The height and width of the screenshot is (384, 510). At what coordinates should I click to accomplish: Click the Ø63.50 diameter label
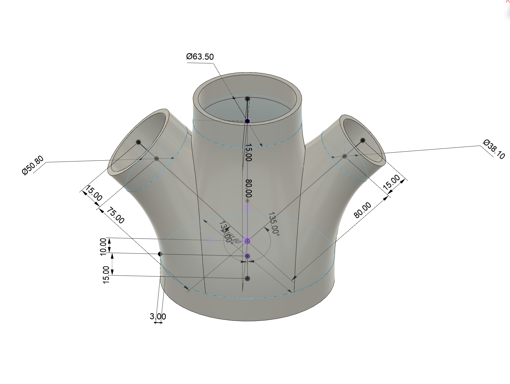[200, 57]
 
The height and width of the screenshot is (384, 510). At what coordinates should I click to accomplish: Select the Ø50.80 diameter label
[33, 166]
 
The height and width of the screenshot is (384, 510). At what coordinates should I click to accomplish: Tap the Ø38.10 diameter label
[494, 150]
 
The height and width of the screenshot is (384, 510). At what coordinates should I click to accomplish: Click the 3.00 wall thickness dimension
[158, 316]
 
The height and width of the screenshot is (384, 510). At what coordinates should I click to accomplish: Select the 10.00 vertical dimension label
[103, 246]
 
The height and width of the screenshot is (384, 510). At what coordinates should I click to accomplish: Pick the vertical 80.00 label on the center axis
[248, 188]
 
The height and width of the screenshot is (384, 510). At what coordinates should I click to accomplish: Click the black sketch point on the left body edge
[160, 254]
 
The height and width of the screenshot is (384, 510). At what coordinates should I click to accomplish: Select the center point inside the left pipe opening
[138, 142]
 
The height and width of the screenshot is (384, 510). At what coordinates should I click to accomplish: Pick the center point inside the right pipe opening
[363, 140]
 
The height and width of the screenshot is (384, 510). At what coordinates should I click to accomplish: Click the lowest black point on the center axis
[248, 279]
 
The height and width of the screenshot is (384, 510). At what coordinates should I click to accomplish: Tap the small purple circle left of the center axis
[209, 240]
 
